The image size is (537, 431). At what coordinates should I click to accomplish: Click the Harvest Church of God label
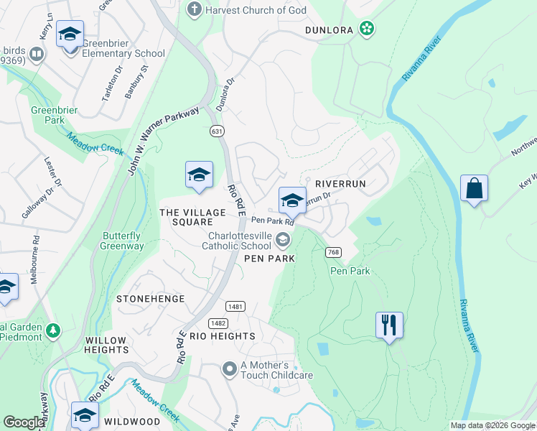256,10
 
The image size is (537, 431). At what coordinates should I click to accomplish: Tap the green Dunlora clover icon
367,29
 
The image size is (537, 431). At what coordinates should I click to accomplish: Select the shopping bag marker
474,188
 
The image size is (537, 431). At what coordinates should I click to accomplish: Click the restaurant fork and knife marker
389,325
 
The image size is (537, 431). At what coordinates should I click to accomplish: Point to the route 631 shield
217,131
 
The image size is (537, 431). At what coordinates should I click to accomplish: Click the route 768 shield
332,252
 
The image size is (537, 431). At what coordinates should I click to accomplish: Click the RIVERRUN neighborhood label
341,184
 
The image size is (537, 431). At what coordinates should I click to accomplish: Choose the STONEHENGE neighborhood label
151,298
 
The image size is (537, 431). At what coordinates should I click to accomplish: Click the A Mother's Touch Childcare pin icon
230,370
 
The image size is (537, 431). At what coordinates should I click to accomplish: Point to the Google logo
24,422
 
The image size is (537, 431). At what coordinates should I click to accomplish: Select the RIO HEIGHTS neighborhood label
222,336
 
